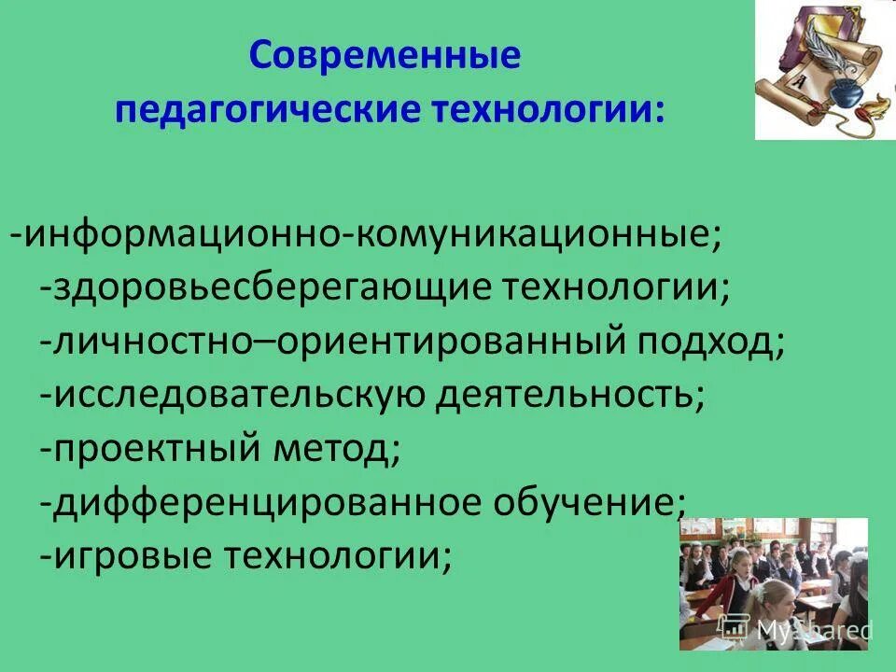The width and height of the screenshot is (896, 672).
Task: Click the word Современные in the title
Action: (x=384, y=56)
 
